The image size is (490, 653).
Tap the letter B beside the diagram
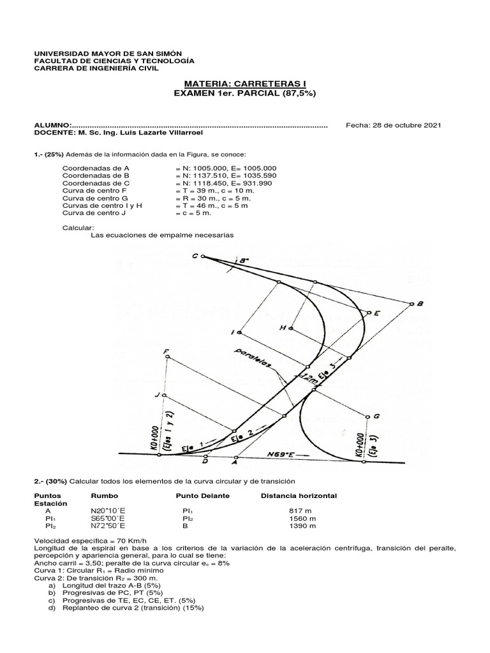click(x=420, y=304)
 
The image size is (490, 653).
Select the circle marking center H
click(x=291, y=328)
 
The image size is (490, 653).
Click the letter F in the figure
click(x=166, y=351)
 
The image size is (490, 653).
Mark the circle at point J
click(x=163, y=396)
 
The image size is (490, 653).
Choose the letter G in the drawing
click(x=376, y=416)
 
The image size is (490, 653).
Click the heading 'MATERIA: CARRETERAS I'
click(x=245, y=83)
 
